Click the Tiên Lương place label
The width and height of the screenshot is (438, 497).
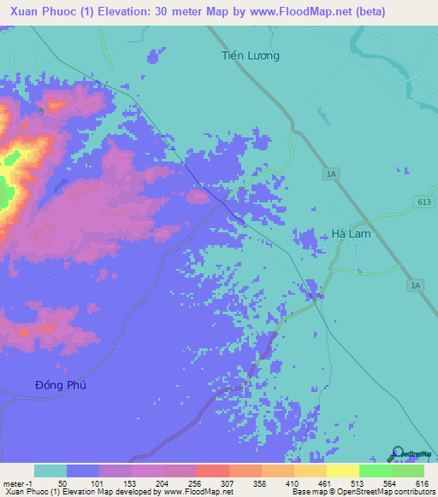(x=251, y=56)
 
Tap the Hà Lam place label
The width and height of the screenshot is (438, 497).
(x=351, y=234)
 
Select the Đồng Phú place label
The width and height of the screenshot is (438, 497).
(x=62, y=385)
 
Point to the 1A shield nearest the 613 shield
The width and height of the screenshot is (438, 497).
(x=332, y=174)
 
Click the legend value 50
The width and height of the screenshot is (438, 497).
(x=62, y=482)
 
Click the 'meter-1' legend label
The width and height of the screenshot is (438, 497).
(x=18, y=482)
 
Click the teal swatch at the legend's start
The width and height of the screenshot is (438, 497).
(x=50, y=471)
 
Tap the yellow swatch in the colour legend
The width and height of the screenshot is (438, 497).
(x=342, y=471)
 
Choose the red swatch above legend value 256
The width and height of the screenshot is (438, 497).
(x=212, y=471)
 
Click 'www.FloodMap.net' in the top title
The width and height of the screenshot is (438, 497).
(x=302, y=12)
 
